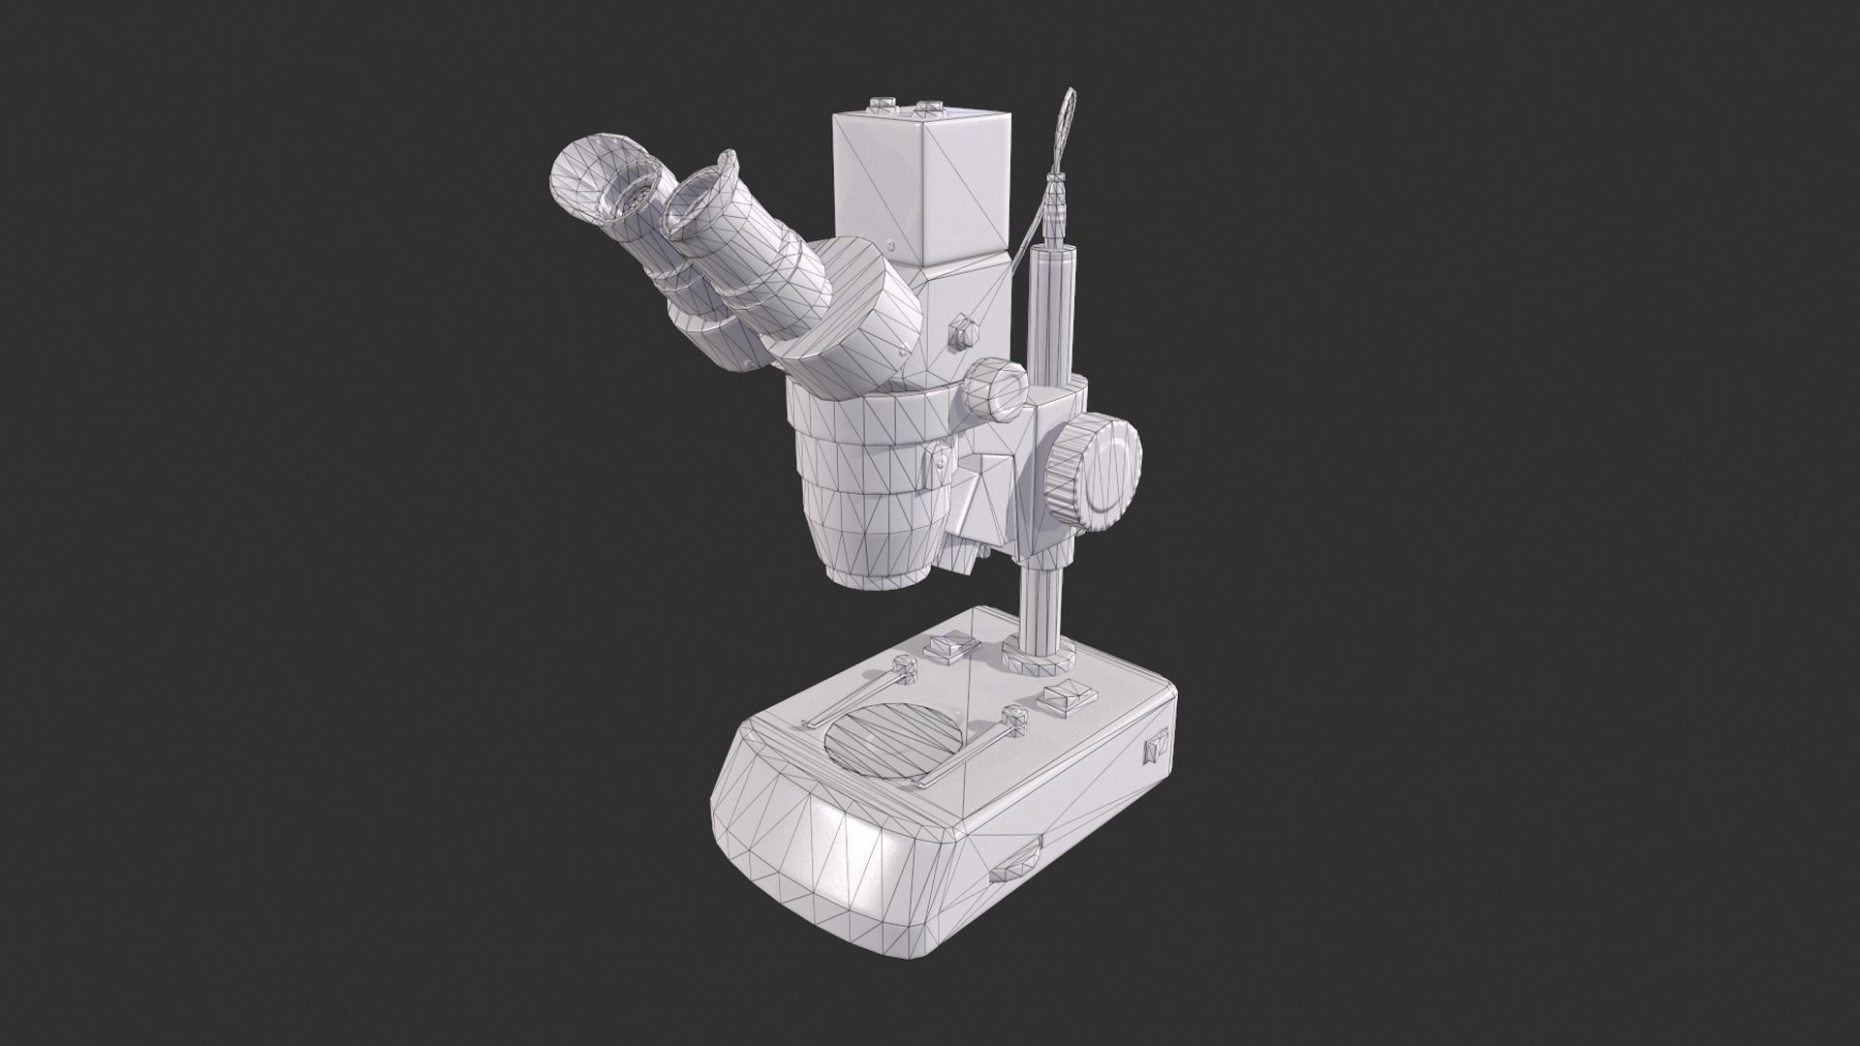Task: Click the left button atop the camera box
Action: (x=883, y=104)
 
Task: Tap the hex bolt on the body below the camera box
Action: (x=962, y=329)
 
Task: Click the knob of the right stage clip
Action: (x=1015, y=719)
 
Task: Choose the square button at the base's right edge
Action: (x=1069, y=694)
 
